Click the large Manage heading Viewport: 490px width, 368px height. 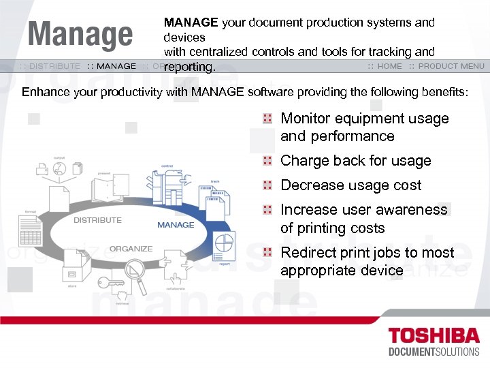pos(80,35)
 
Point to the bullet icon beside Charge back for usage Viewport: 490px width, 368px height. pos(268,161)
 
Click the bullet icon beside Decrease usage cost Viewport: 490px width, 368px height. pos(268,185)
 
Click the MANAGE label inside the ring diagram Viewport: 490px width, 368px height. pos(176,225)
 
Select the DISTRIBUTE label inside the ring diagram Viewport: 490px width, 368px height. pos(97,220)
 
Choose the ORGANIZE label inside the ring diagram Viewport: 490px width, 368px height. pos(131,249)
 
